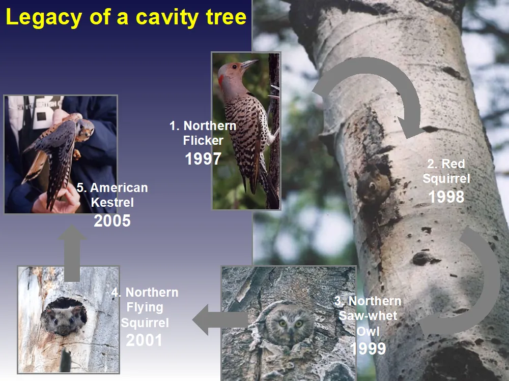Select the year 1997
coord(203,158)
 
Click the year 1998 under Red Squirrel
coord(446,197)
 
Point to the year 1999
coord(368,348)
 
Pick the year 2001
coord(144,340)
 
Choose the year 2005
coord(112,221)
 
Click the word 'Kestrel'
coord(112,203)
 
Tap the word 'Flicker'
coord(203,141)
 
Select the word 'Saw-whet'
coord(368,315)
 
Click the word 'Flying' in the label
coord(145,307)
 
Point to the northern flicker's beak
coord(249,63)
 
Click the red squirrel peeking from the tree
coord(373,187)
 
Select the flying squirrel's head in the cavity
coord(62,320)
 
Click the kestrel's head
coord(85,128)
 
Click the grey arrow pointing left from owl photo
coord(220,320)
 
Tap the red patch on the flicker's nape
coord(221,81)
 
